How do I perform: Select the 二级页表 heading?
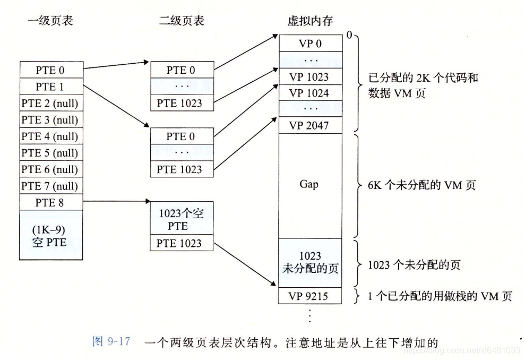tap(182, 21)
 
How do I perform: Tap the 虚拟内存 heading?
tap(311, 21)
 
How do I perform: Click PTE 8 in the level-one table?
tap(51, 202)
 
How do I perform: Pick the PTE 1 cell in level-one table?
tap(51, 87)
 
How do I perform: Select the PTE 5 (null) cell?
tap(51, 153)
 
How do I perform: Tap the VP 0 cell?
tap(311, 44)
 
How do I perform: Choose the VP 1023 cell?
tap(311, 76)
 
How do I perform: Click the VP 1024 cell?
tap(311, 93)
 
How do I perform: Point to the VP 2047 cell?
tap(311, 126)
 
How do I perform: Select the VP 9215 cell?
tap(311, 296)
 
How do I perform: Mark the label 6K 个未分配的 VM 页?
tap(421, 185)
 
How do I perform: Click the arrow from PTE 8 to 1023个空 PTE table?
tap(117, 202)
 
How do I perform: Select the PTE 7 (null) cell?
tap(51, 186)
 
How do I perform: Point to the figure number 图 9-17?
tap(111, 341)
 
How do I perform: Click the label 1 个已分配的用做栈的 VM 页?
tap(440, 296)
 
